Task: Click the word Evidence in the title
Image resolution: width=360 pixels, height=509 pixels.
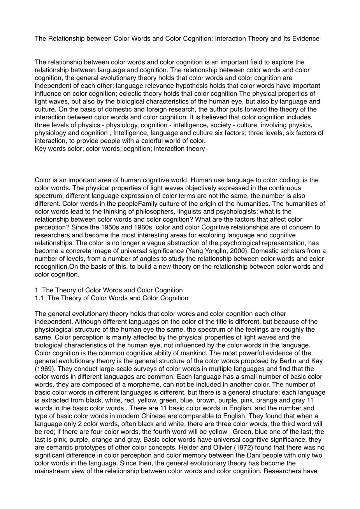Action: point(306,38)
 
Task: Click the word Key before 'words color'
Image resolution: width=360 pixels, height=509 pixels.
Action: point(40,149)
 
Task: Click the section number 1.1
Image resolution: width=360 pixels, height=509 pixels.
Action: point(40,298)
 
